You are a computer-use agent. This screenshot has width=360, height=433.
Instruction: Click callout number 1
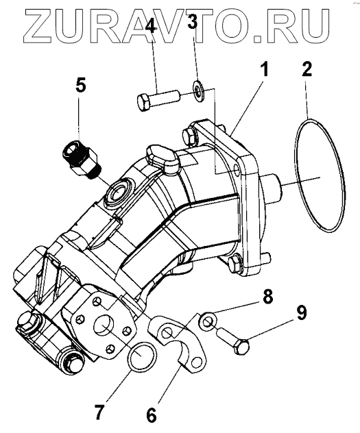coord(265,69)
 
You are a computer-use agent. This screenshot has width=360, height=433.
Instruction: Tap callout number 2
coord(307,69)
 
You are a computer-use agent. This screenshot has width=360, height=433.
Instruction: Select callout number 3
coord(193,23)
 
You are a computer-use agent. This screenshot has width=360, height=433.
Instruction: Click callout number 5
coord(80,86)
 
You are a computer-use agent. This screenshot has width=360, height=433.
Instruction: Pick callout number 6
coord(151,415)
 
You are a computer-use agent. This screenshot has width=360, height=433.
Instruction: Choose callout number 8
coord(267,297)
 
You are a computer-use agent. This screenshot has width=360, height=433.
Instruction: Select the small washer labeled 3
coord(198,90)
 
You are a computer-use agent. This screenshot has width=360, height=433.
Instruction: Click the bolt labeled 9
coord(233,340)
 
